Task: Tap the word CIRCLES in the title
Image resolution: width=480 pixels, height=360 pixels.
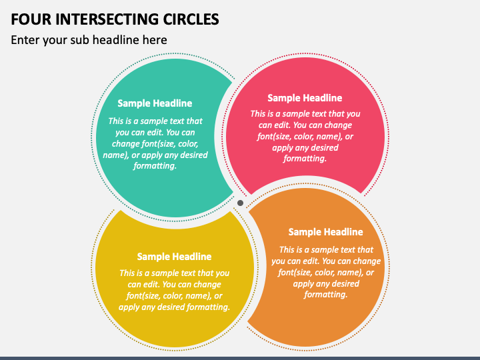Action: click(191, 19)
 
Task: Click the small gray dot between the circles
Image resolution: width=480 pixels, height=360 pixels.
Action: click(240, 203)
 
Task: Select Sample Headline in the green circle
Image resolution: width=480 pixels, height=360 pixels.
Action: click(155, 103)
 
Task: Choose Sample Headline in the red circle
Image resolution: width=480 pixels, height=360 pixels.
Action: click(305, 98)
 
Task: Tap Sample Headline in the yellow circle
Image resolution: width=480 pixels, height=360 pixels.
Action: click(174, 257)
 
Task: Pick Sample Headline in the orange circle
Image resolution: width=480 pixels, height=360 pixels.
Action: click(326, 232)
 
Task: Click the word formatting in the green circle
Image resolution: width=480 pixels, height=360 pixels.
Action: click(155, 166)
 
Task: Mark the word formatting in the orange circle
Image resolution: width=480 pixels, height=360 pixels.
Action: click(326, 295)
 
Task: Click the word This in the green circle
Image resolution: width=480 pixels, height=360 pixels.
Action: click(115, 121)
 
